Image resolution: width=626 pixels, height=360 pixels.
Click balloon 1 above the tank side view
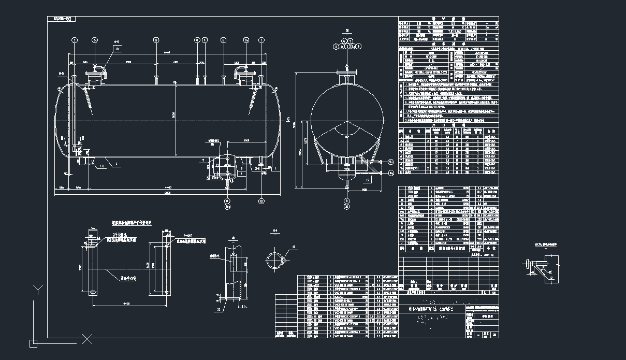(x=75, y=40)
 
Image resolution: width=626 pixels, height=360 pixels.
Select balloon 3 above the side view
(x=156, y=40)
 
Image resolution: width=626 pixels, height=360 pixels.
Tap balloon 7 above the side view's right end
(x=261, y=40)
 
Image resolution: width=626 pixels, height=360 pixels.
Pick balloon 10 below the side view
(x=261, y=201)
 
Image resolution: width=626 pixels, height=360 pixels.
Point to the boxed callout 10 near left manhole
(x=117, y=49)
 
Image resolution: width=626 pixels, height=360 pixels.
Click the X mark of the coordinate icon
(x=88, y=339)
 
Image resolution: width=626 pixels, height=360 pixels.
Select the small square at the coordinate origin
(x=33, y=342)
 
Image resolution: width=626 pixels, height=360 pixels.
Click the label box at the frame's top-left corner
(x=62, y=19)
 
